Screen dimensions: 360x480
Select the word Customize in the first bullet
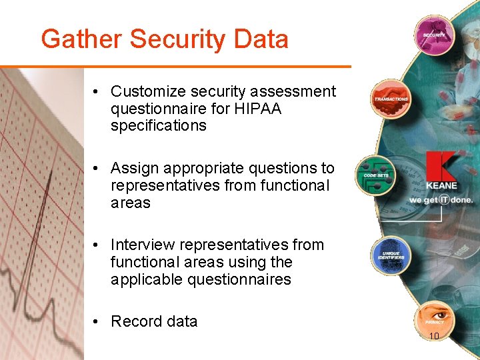(147, 91)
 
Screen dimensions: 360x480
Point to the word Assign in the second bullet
(134, 168)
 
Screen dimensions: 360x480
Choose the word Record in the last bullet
(136, 321)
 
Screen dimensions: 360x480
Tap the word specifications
(159, 126)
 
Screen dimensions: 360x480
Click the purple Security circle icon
(434, 34)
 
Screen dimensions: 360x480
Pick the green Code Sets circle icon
(375, 175)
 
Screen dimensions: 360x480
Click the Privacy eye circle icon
(434, 319)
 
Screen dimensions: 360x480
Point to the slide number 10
(433, 336)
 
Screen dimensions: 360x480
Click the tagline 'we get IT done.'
(441, 199)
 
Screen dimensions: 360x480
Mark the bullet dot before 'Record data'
(97, 321)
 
